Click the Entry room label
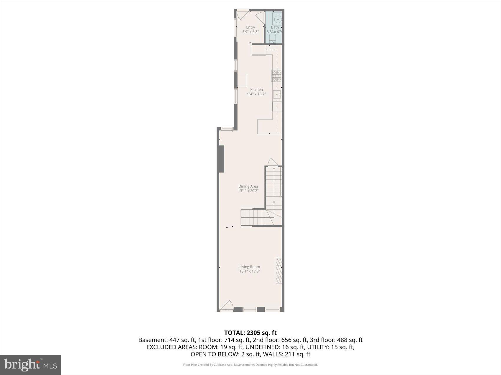pyautogui.click(x=250, y=27)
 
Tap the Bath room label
pyautogui.click(x=275, y=27)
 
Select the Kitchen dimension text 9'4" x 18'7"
pyautogui.click(x=256, y=94)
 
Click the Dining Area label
pyautogui.click(x=248, y=186)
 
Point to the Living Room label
pyautogui.click(x=250, y=267)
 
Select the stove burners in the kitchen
pyautogui.click(x=276, y=76)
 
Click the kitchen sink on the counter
pyautogui.click(x=277, y=94)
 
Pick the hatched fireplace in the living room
pyautogui.click(x=279, y=271)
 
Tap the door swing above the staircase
pyautogui.click(x=272, y=163)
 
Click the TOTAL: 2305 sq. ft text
pyautogui.click(x=250, y=333)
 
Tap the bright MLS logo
pyautogui.click(x=30, y=365)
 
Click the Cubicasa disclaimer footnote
pyautogui.click(x=250, y=365)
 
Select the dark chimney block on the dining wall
pyautogui.click(x=221, y=159)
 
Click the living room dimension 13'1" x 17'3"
pyautogui.click(x=250, y=271)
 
